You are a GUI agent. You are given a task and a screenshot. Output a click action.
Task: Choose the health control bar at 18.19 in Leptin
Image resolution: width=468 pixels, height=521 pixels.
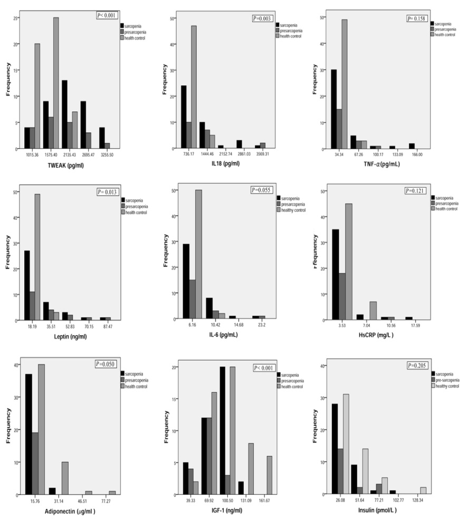pyautogui.click(x=37, y=257)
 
